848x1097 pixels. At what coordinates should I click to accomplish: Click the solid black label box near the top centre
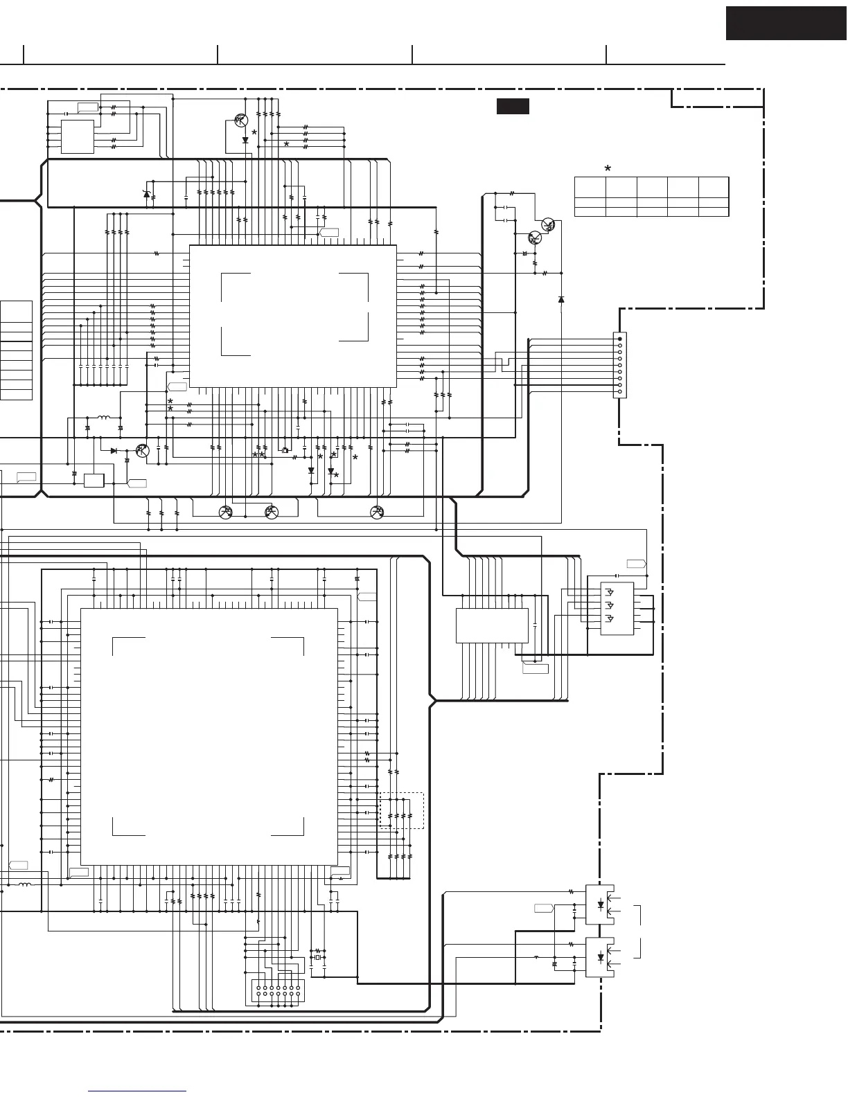pos(513,106)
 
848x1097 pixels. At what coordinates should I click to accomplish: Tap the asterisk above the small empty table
pos(608,168)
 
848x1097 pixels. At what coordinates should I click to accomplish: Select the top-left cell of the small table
pos(590,187)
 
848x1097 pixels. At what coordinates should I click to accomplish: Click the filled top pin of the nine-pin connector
pos(619,339)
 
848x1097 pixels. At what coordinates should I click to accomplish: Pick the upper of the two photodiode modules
pos(600,904)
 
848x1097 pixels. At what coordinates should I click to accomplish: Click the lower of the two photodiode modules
pos(600,957)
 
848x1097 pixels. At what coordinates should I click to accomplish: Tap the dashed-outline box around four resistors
pos(402,810)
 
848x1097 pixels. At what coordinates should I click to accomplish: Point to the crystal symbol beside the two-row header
pos(318,958)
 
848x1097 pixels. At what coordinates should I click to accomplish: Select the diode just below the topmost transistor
pos(245,140)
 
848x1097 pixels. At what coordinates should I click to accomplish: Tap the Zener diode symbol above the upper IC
pos(146,194)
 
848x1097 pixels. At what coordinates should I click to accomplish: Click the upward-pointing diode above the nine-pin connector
pos(561,299)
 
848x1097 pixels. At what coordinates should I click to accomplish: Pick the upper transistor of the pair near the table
pos(548,224)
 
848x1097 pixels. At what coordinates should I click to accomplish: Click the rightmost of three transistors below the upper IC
pos(378,512)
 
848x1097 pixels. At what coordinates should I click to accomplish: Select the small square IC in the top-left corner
pos(78,136)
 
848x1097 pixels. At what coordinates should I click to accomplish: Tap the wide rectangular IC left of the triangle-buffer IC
pos(492,625)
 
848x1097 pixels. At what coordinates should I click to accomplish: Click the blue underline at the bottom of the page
pos(138,1091)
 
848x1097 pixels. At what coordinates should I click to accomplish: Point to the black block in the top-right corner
pos(786,23)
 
